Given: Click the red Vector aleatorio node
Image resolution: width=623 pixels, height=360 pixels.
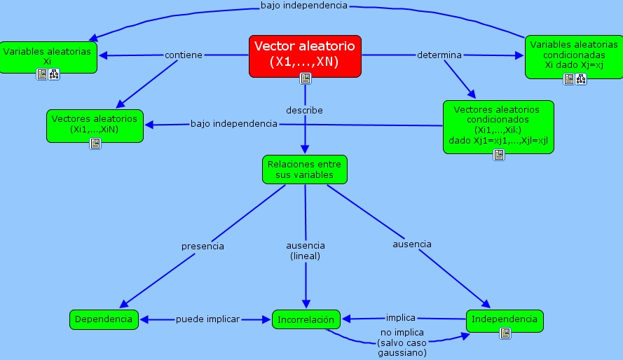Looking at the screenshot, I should click(x=305, y=54).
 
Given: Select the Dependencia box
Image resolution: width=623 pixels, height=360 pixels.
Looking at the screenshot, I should click(x=104, y=319).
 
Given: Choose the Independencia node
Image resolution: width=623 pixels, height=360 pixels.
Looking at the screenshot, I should click(x=505, y=319).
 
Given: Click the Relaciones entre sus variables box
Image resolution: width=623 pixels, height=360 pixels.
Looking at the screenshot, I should click(x=305, y=169).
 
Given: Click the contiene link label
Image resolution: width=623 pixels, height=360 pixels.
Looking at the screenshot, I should click(x=184, y=55).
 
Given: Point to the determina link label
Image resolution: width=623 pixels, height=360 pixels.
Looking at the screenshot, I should click(x=439, y=55).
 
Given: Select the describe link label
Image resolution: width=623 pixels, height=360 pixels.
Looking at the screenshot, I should click(x=304, y=110).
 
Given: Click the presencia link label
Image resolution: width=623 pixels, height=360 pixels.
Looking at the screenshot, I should click(x=203, y=246).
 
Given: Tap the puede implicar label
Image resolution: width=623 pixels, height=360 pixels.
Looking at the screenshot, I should click(x=207, y=319).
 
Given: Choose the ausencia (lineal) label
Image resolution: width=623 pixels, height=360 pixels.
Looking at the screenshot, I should click(x=306, y=251).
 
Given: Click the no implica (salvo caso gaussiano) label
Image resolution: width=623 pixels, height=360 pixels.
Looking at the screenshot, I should click(x=401, y=342).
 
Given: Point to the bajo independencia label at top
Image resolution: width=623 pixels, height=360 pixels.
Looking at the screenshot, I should click(x=303, y=6).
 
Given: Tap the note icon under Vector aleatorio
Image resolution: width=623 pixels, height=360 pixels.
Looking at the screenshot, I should click(x=305, y=78).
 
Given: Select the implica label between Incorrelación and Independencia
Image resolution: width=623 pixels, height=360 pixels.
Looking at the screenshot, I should click(x=401, y=317).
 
